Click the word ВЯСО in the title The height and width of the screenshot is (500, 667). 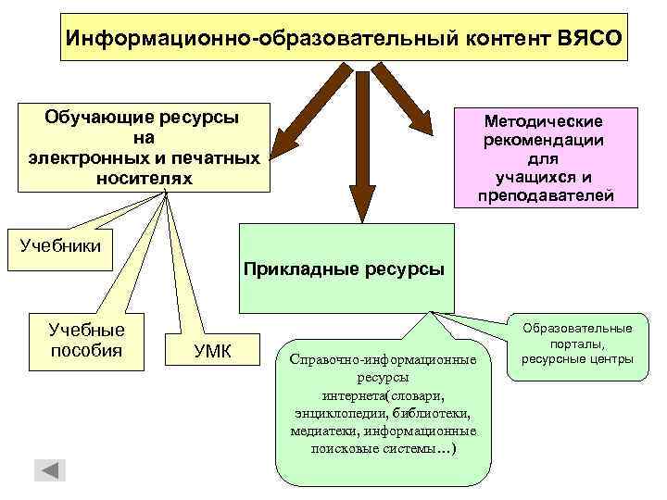pos(590,40)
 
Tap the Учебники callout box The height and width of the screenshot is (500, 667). pos(60,247)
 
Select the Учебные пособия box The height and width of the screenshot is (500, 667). pos(86,339)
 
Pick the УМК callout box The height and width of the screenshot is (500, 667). pos(212,350)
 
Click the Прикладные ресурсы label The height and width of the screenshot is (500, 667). pos(345,269)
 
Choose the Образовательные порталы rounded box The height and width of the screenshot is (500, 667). pos(576,344)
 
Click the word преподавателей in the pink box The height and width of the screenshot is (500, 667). pos(545,195)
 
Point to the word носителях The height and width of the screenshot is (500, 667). pos(144,177)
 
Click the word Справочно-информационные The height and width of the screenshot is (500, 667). pos(382,359)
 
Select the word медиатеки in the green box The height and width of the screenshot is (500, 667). pos(323,431)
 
